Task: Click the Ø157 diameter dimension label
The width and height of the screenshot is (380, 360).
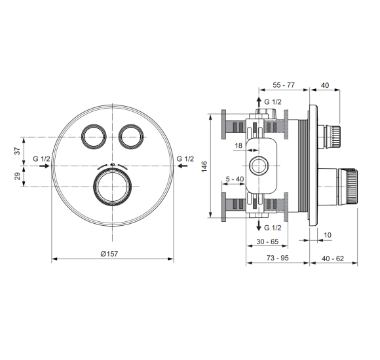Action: (x=109, y=254)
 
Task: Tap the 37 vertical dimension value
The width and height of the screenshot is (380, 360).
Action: (x=18, y=151)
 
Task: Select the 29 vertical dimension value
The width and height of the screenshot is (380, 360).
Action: (x=18, y=176)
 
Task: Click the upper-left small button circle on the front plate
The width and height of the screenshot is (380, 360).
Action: (x=94, y=137)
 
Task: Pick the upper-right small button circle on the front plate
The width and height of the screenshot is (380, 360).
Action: (x=131, y=137)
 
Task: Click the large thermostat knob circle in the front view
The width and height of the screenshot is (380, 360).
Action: (x=113, y=187)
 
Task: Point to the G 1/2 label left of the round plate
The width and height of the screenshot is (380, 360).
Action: (x=41, y=159)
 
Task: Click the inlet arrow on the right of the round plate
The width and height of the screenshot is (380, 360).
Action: (x=182, y=166)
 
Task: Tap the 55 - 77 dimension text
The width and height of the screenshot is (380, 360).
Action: (x=284, y=85)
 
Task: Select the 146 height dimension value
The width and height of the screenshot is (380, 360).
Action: (x=204, y=166)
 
